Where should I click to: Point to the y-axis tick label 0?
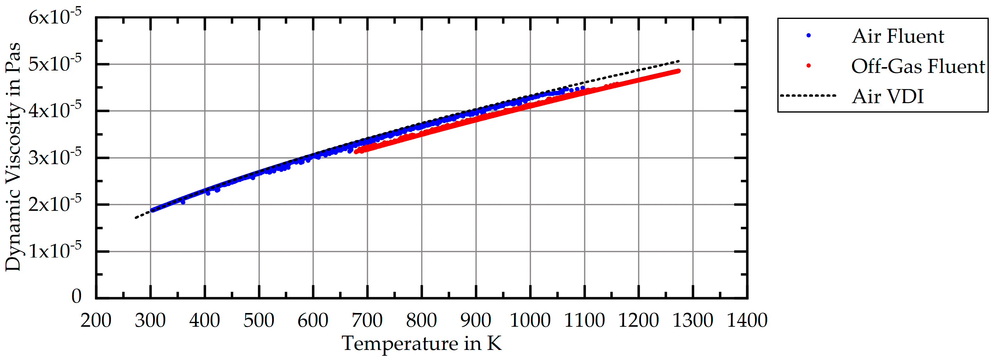pyautogui.click(x=76, y=296)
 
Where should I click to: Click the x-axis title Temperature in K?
pyautogui.click(x=422, y=343)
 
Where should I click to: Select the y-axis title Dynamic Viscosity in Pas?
pyautogui.click(x=13, y=157)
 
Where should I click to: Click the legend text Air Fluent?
pyautogui.click(x=898, y=36)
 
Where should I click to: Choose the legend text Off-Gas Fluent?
pyautogui.click(x=918, y=66)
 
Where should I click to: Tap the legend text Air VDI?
pyautogui.click(x=887, y=96)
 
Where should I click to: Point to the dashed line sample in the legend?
pyautogui.click(x=808, y=95)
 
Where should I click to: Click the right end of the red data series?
pyautogui.click(x=678, y=71)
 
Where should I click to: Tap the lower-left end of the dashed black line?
pyautogui.click(x=136, y=218)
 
